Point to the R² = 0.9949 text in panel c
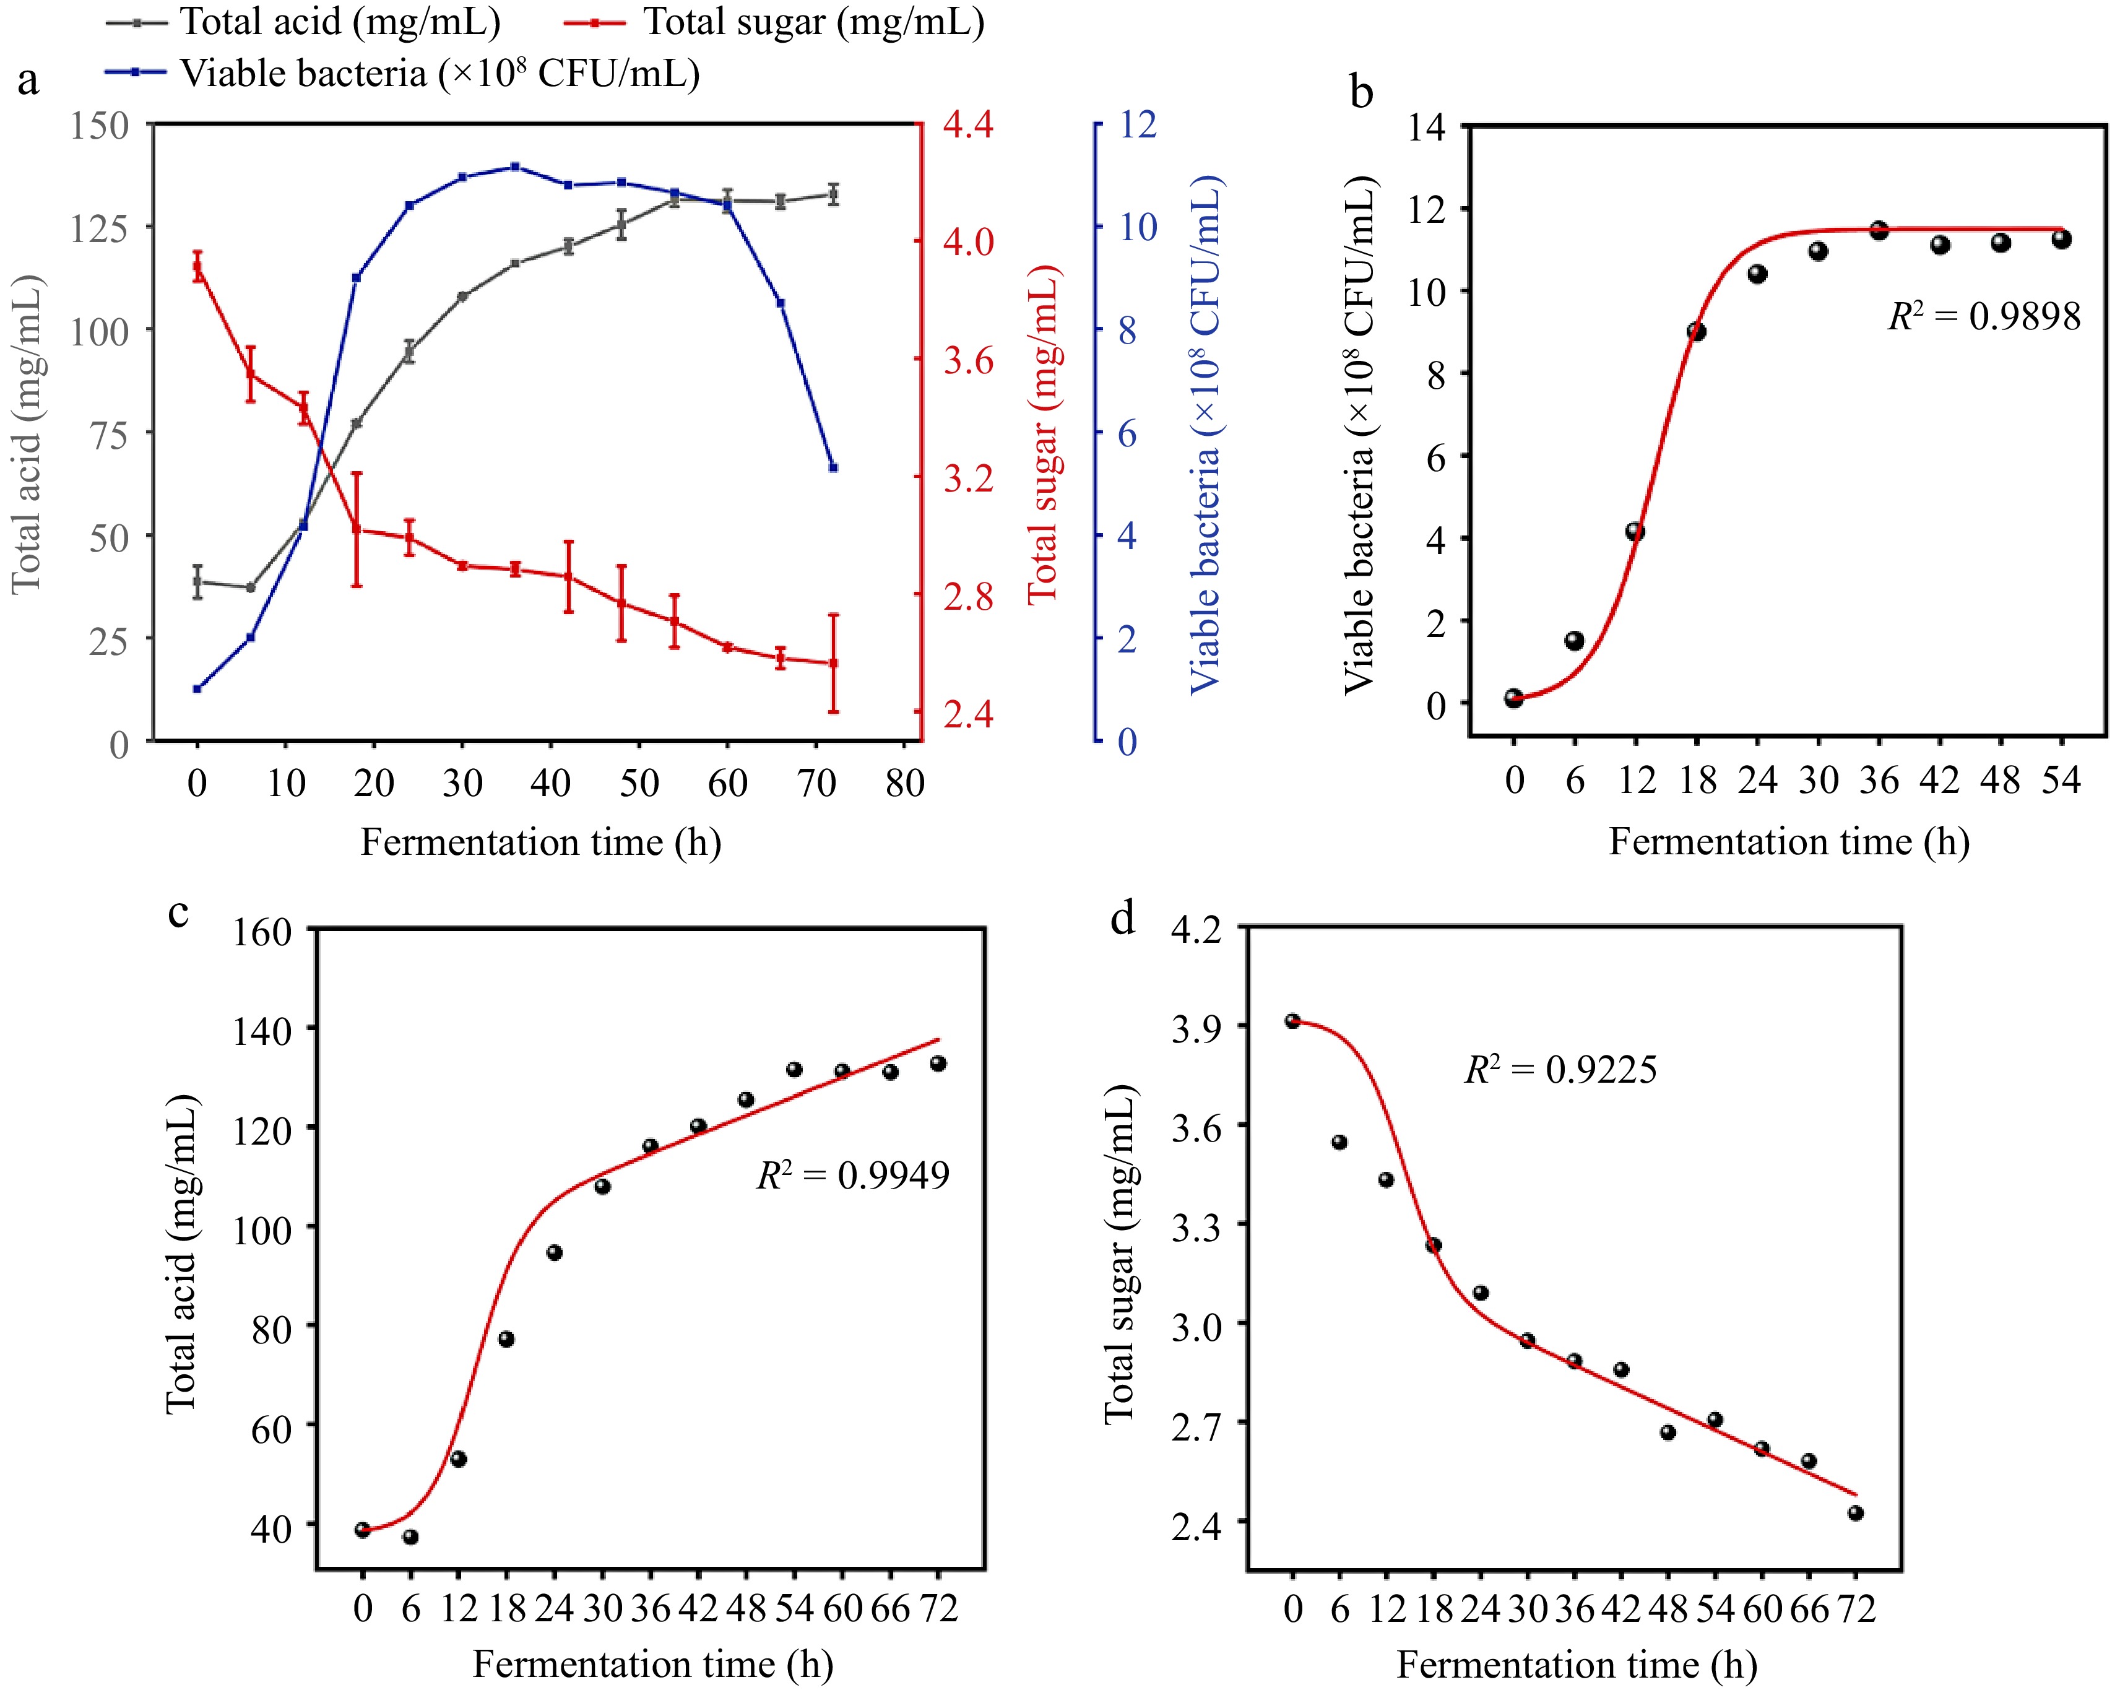coord(852,1175)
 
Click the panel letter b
coord(1361,92)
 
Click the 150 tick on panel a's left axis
coord(99,126)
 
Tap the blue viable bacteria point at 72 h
coord(833,468)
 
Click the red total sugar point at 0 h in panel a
coord(197,266)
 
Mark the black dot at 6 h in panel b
coord(1574,641)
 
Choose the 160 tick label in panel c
coord(262,931)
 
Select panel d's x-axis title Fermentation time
coord(1577,1665)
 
